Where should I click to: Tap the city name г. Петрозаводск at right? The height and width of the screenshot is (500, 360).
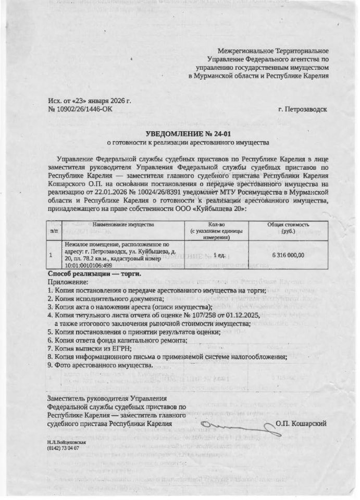(303, 109)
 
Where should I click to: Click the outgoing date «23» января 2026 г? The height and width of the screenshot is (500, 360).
(99, 100)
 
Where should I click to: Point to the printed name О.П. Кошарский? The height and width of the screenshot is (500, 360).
(302, 424)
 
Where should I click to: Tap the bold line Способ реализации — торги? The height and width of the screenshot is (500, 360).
(94, 273)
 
